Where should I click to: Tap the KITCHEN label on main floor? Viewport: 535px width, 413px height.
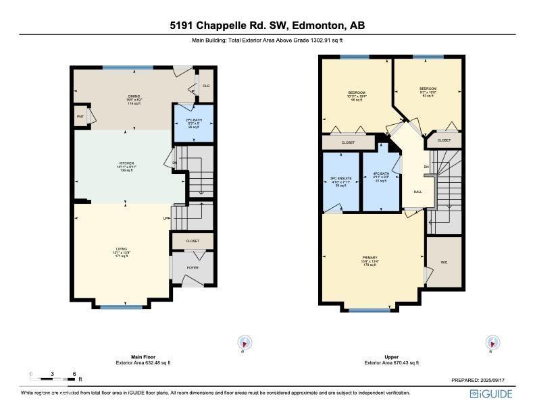127,166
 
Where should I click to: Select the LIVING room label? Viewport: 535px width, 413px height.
122,252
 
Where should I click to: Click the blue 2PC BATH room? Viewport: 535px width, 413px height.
193,123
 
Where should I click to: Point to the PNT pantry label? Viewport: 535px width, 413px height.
80,116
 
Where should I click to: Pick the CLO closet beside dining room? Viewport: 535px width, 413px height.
206,86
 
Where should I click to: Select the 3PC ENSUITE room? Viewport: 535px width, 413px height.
340,182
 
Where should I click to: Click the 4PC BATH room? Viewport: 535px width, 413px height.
381,179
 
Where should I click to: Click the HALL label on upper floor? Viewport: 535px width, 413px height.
417,192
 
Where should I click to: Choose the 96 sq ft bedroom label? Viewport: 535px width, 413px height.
357,96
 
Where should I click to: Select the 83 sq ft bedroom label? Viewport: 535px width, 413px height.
428,92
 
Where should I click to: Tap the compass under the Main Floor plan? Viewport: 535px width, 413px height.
243,342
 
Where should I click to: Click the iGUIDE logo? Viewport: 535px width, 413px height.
492,393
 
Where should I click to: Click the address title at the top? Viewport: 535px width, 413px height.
267,26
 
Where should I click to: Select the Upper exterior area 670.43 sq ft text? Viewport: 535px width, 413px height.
391,362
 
